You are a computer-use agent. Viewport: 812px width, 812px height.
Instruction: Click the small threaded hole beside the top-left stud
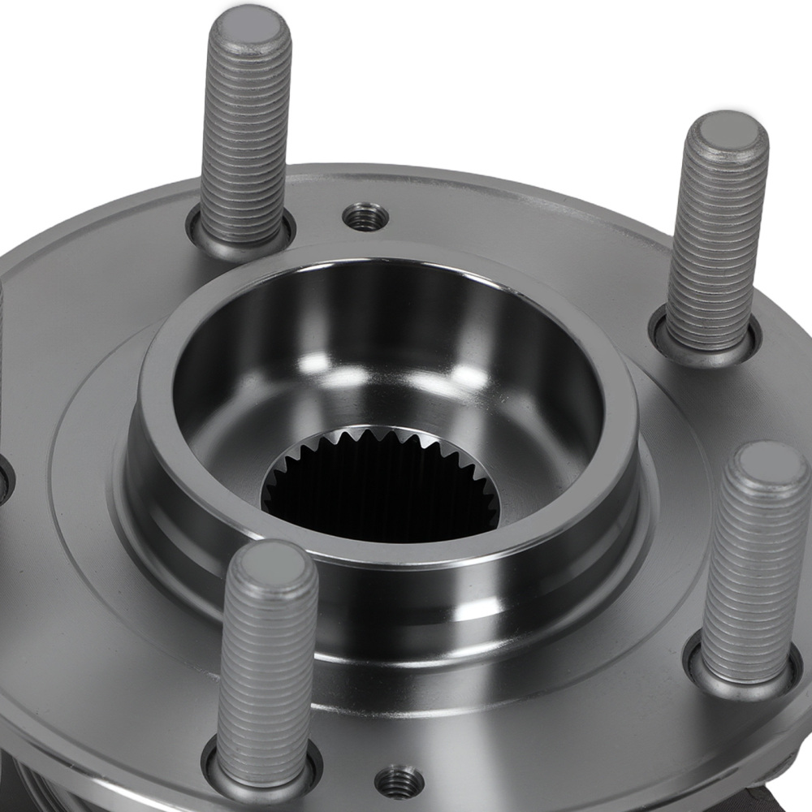coord(365,216)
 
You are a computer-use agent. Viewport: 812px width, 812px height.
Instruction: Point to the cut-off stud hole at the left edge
coord(4,479)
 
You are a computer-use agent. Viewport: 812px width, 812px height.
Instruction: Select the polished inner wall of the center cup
coord(390,325)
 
